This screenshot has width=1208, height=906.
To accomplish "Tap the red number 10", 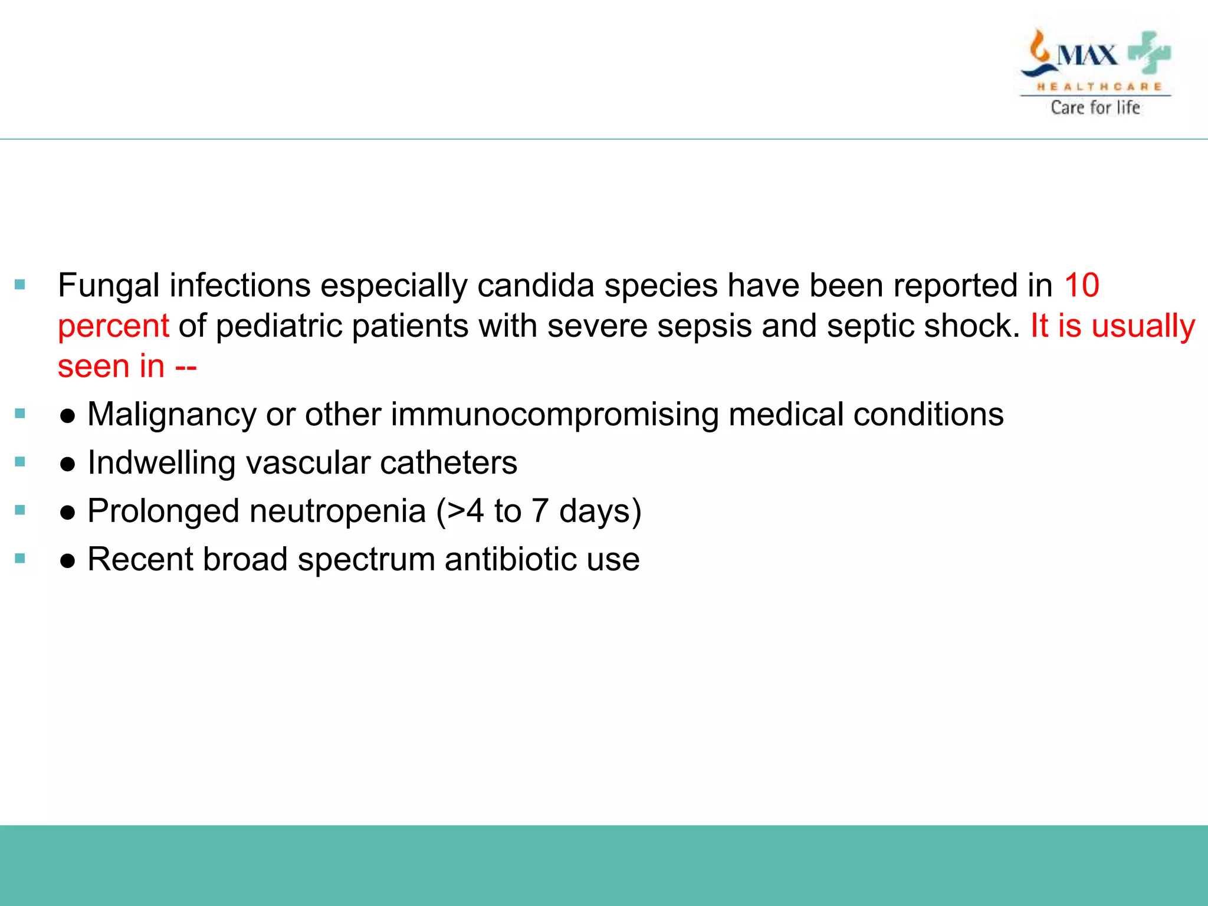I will click(x=1081, y=285).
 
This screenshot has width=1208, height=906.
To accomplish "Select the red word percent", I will click(x=113, y=326).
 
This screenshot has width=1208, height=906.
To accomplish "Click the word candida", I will click(x=535, y=285).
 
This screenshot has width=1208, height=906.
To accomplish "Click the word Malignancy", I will click(x=172, y=415).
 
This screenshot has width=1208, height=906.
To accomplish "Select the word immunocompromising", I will click(x=554, y=415).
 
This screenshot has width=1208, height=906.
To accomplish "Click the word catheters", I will click(x=448, y=463).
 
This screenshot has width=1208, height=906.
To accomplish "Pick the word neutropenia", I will click(x=337, y=511).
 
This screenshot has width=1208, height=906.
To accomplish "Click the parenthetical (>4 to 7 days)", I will click(x=539, y=511).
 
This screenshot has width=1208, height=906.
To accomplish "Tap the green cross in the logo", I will click(x=1149, y=53).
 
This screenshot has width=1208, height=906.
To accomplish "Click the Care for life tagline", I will click(x=1095, y=107).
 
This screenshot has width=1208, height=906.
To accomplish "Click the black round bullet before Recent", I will click(x=67, y=561).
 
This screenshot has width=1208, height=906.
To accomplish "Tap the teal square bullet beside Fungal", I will click(x=20, y=285).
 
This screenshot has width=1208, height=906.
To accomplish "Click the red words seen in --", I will click(x=127, y=367).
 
